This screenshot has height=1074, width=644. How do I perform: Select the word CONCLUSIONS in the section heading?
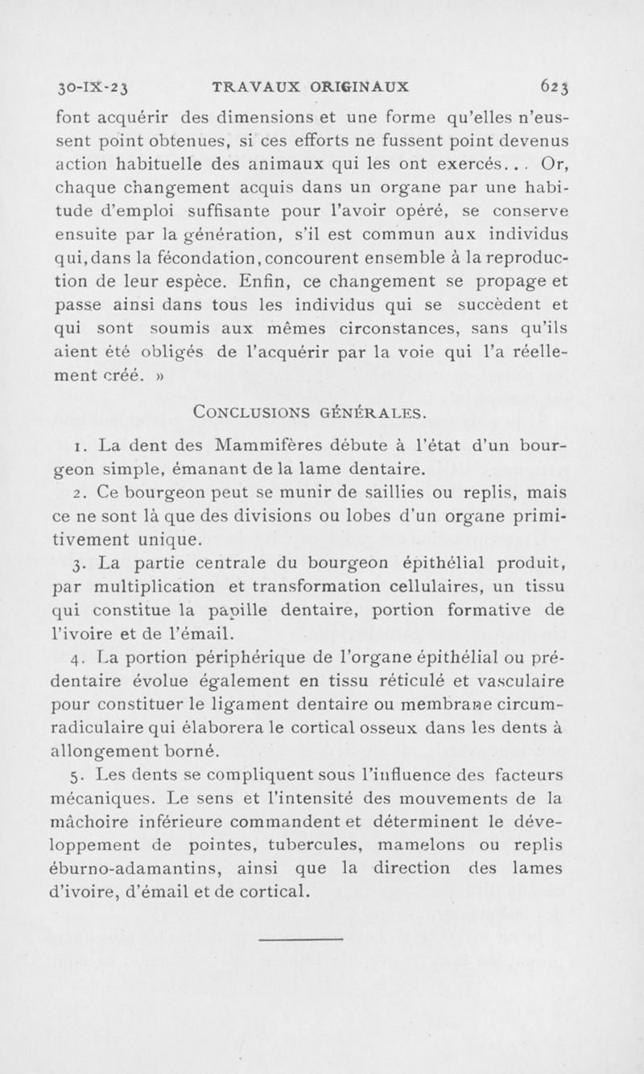245,413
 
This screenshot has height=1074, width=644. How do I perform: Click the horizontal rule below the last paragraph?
303,938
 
